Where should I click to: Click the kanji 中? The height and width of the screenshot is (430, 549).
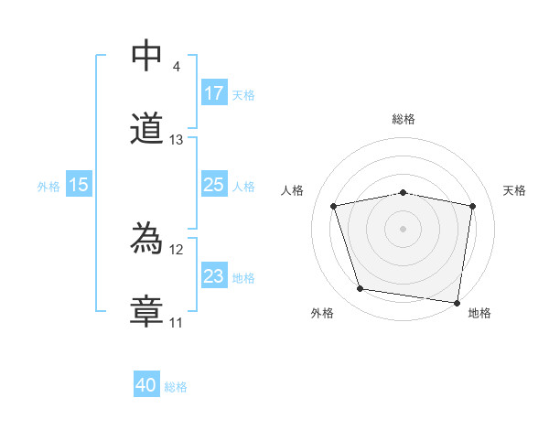pos(146,56)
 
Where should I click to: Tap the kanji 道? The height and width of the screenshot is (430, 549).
pos(147,129)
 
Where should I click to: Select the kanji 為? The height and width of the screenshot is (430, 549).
pos(147,239)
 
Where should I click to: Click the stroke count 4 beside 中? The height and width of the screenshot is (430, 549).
pos(176,67)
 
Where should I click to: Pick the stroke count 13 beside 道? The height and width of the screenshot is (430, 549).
pos(177,140)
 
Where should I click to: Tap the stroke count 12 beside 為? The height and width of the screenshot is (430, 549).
pos(177,250)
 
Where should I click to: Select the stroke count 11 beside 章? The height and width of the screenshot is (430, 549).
pos(177,323)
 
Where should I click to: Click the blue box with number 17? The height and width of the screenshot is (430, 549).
pos(214,92)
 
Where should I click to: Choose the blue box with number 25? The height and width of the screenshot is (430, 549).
pos(214,185)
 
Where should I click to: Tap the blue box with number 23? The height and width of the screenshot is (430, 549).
pos(214,276)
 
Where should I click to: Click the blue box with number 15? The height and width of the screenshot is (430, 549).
pos(79,185)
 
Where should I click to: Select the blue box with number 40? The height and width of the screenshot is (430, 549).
pos(146,385)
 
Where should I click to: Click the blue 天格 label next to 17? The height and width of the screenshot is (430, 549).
pos(243,94)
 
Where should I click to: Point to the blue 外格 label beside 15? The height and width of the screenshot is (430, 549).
pos(48,186)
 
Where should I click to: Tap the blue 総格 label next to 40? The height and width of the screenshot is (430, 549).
pos(176,387)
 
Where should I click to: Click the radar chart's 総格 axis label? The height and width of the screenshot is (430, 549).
pos(404,119)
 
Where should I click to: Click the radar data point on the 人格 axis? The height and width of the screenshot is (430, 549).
pos(335,206)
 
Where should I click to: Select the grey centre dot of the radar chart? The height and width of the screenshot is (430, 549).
pos(404,228)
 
